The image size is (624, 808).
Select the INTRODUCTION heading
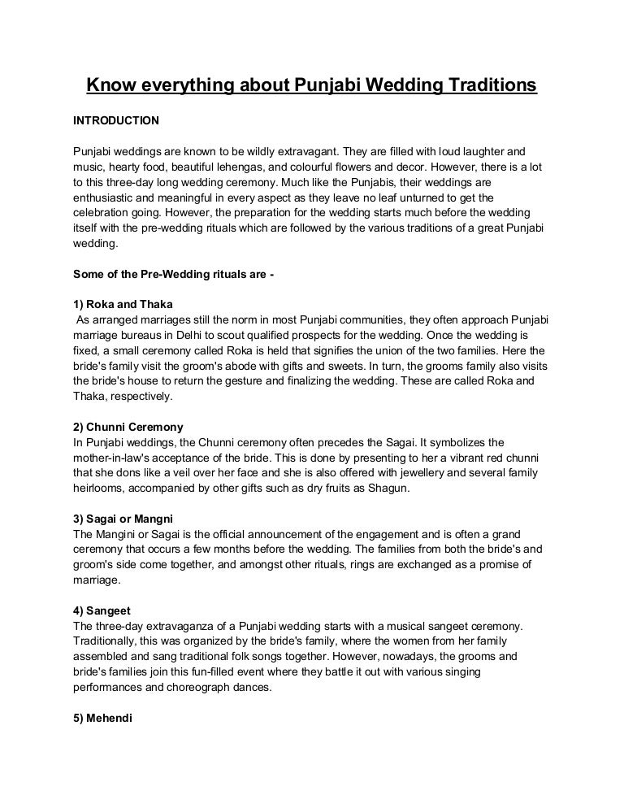click(116, 120)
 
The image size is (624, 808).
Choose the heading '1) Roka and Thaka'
click(123, 304)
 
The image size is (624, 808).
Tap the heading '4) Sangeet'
click(102, 610)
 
